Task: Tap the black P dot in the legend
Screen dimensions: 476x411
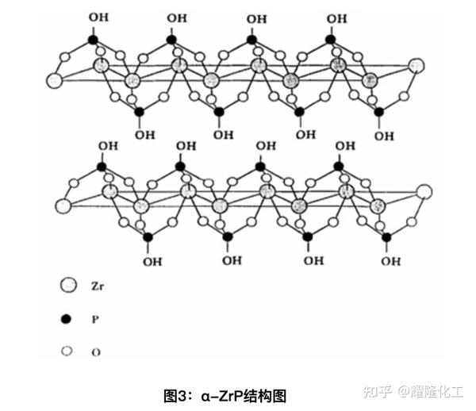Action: click(x=67, y=319)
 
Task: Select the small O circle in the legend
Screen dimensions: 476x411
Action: click(x=67, y=351)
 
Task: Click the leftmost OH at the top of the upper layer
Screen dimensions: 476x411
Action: click(x=99, y=16)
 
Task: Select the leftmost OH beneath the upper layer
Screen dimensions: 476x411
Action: click(x=145, y=134)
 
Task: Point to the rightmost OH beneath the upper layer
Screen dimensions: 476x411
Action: click(x=385, y=136)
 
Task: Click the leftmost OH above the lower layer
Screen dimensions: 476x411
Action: click(x=107, y=146)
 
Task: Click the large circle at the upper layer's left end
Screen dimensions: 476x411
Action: click(x=55, y=80)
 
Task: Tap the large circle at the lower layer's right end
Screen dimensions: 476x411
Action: click(x=424, y=191)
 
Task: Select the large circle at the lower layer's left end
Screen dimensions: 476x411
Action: click(x=62, y=205)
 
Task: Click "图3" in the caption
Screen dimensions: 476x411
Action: click(x=176, y=394)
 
